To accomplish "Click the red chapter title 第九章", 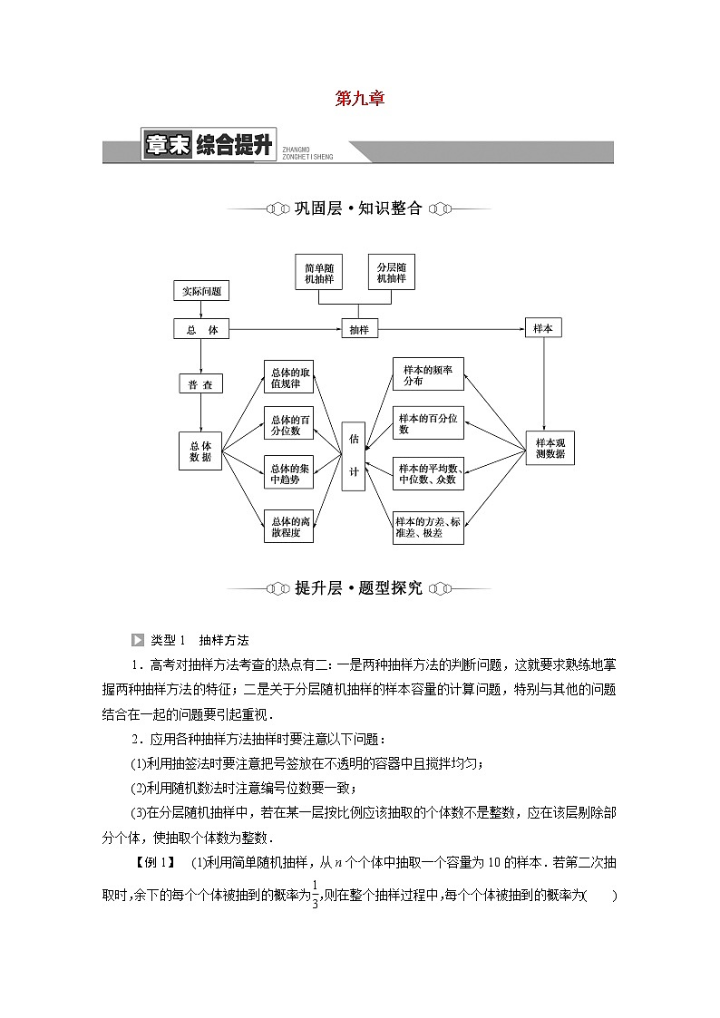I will click(360, 100).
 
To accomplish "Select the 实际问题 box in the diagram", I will click(200, 291).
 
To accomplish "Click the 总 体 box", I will click(201, 330).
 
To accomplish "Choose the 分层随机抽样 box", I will click(391, 272).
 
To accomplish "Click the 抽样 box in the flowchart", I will click(359, 330).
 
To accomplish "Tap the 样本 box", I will click(543, 329).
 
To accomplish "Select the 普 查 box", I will click(200, 384).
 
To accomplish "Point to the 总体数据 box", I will click(200, 451).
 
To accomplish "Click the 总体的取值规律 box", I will click(288, 376).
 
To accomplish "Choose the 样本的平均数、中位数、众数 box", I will click(428, 472).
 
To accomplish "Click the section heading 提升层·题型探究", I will click(359, 588).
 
